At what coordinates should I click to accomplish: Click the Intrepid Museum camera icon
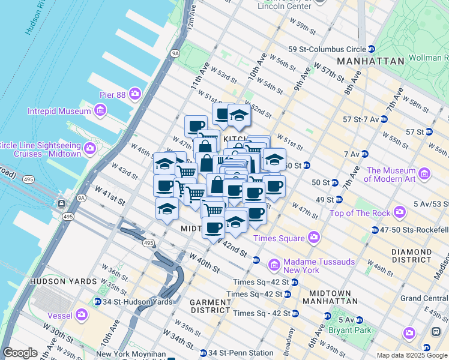point(100,110)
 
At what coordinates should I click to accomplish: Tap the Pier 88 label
point(113,95)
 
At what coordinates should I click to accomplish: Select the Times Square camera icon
point(313,238)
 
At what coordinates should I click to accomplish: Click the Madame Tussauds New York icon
point(274,264)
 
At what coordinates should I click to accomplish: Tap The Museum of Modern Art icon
point(425,175)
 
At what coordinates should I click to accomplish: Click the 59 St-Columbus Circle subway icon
point(372,49)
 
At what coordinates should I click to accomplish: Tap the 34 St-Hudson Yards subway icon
point(97,301)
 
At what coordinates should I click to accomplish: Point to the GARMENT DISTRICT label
point(210,306)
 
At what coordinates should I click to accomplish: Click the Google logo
point(20,353)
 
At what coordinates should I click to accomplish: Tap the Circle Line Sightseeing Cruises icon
point(90,149)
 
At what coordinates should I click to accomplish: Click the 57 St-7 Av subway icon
point(384,119)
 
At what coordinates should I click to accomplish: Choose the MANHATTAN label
point(370,61)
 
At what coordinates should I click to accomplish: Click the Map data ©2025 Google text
point(412,355)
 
